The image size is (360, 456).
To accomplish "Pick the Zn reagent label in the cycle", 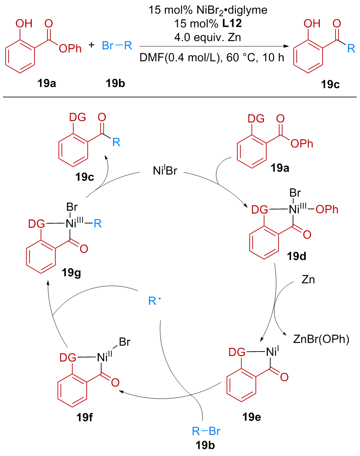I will click(308, 280).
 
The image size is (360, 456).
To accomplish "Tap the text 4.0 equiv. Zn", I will click(210, 37).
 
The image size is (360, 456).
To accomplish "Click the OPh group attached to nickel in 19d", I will click(328, 210).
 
